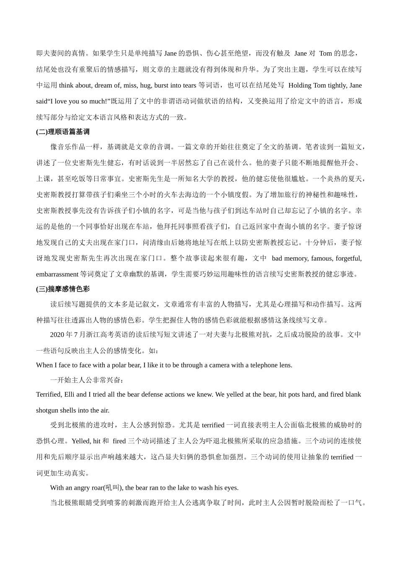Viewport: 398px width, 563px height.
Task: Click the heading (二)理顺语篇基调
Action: coord(63,132)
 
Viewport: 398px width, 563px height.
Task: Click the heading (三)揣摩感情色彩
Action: coord(63,289)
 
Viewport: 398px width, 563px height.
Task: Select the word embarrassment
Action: coord(57,274)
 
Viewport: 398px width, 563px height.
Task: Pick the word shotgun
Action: coord(48,410)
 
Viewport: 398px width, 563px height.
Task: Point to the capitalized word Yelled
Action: coord(81,441)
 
